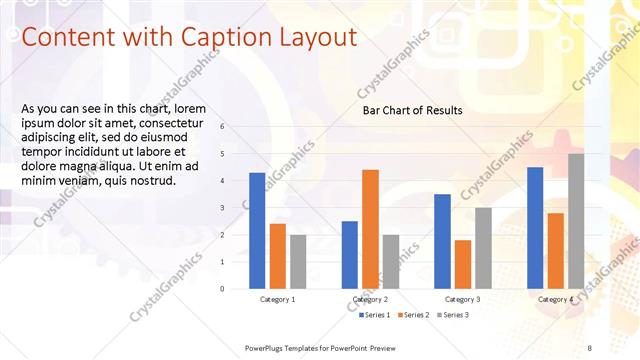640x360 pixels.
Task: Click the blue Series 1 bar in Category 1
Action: pyautogui.click(x=257, y=230)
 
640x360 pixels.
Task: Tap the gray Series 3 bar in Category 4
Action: pyautogui.click(x=576, y=221)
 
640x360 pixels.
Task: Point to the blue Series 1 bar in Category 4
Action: pyautogui.click(x=535, y=227)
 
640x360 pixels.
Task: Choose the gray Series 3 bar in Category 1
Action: pyautogui.click(x=298, y=261)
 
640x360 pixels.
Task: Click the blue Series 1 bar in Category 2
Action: pyautogui.click(x=349, y=254)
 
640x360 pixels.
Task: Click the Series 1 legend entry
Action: pyautogui.click(x=375, y=315)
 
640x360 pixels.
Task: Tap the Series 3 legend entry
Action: pyautogui.click(x=455, y=315)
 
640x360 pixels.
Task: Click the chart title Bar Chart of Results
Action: pyautogui.click(x=412, y=111)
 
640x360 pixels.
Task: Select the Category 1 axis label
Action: pyautogui.click(x=277, y=299)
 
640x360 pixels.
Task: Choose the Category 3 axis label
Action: pyautogui.click(x=462, y=299)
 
